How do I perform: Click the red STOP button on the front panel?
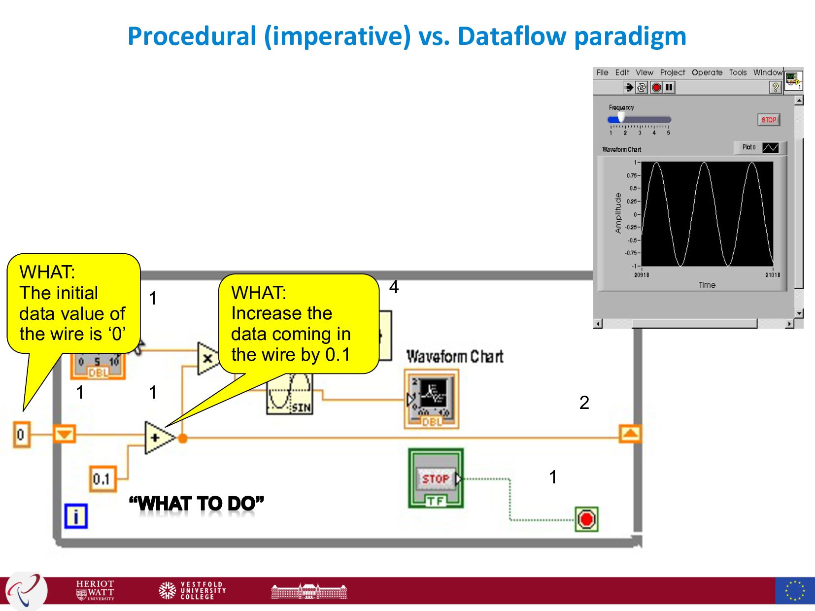[x=768, y=120]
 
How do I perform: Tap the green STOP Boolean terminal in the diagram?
[x=436, y=478]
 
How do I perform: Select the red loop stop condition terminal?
[x=586, y=519]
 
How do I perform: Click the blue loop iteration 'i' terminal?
[x=76, y=516]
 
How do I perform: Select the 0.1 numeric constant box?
[x=102, y=478]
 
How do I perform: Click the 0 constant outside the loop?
[x=21, y=435]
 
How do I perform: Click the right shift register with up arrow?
[x=630, y=434]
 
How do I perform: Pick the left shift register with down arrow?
[x=64, y=435]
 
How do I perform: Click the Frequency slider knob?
[x=621, y=117]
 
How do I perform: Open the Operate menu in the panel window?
[x=707, y=72]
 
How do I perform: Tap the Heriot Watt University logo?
[x=95, y=590]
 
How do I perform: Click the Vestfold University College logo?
[x=192, y=590]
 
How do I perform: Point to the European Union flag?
[x=794, y=590]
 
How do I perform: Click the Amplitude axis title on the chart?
[x=618, y=213]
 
